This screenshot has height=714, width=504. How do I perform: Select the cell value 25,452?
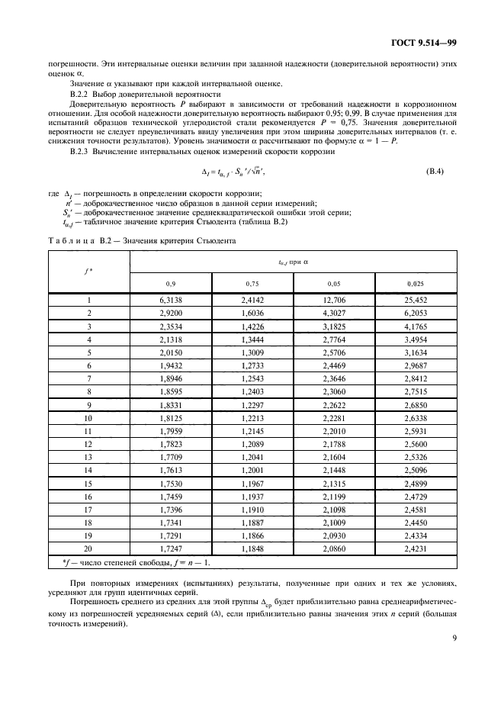tap(416, 301)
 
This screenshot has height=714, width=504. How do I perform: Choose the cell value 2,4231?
tap(416, 548)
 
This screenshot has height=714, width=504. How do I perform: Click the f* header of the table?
tap(88, 269)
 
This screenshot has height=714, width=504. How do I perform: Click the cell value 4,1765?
tap(416, 326)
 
